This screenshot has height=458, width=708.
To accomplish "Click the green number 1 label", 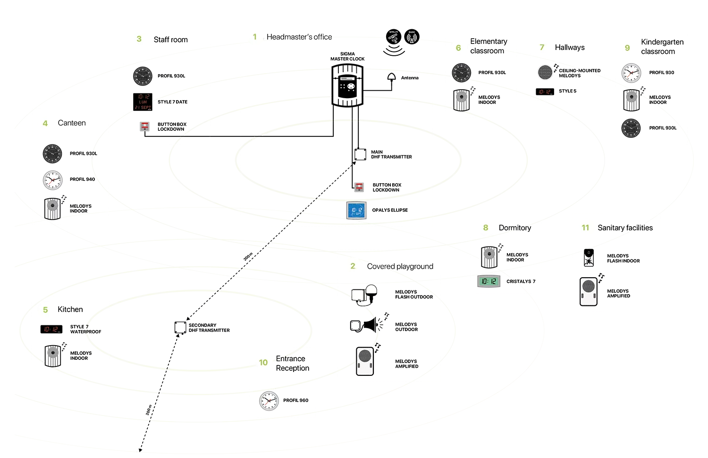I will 255,36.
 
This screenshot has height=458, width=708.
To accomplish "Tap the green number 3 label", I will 139,39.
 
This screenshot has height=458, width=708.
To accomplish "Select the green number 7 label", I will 542,47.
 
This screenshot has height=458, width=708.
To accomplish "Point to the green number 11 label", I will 585,228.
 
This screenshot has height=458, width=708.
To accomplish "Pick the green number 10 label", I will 263,362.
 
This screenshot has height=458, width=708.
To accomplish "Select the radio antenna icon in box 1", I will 412,38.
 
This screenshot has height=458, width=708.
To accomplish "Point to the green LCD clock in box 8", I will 489,282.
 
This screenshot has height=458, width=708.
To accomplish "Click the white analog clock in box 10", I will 268,401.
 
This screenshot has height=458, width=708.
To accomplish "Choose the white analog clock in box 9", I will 631,73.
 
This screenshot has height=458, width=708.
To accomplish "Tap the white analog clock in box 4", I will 52,181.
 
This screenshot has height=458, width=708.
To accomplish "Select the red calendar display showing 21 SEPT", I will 143,102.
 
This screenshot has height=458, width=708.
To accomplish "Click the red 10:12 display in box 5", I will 51,330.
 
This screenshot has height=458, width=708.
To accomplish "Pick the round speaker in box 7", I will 545,72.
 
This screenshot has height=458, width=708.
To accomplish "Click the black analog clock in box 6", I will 461,73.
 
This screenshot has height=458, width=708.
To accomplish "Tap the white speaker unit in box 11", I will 588,291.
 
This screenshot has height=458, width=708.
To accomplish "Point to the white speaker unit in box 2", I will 364,361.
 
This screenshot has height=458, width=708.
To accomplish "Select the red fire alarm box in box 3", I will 145,126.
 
